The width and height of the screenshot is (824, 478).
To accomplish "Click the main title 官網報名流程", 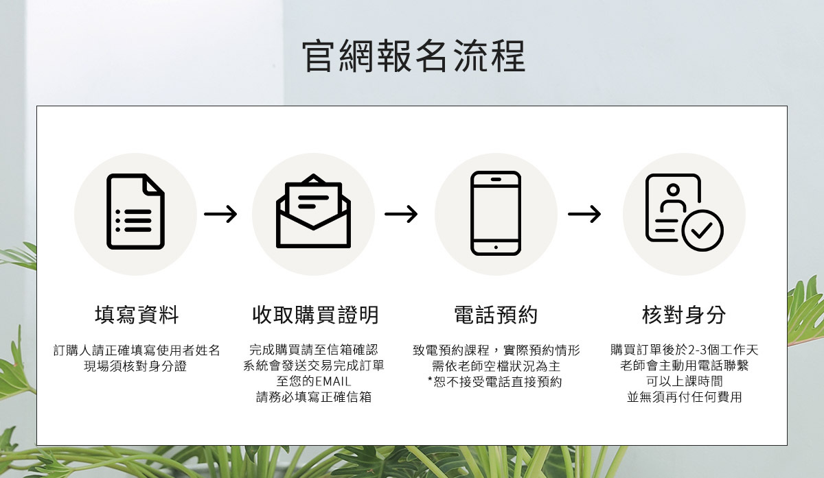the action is click(x=413, y=56).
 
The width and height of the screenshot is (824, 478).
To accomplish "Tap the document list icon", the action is click(x=135, y=211).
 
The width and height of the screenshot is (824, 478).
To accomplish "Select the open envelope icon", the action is click(x=313, y=211).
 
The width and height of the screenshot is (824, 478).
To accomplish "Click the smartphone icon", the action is click(x=496, y=213).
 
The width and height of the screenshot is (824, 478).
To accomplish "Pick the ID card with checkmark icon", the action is click(x=683, y=213).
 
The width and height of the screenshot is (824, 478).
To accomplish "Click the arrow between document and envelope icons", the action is click(x=220, y=215).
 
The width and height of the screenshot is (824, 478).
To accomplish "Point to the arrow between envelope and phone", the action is click(x=401, y=215).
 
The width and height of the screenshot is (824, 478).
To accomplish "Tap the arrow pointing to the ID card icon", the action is click(x=584, y=215).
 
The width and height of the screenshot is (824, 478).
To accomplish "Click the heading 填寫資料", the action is click(x=137, y=315).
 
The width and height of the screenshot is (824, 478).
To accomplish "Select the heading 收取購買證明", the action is click(x=315, y=315).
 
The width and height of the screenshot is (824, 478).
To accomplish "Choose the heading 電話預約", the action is click(x=496, y=315).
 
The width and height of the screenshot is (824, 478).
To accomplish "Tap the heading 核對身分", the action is click(x=684, y=315).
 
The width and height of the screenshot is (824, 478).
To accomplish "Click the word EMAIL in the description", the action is click(x=333, y=381).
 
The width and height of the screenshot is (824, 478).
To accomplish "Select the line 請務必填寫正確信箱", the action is click(x=314, y=397).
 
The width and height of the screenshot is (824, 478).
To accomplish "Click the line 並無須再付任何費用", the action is click(x=685, y=397).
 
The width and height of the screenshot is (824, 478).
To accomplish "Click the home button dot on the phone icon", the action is click(x=496, y=246).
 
